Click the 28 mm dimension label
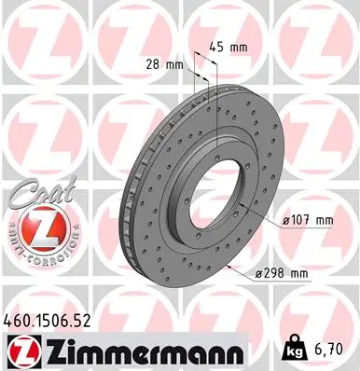(x=164, y=65)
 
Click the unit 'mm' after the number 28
(x=174, y=65)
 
